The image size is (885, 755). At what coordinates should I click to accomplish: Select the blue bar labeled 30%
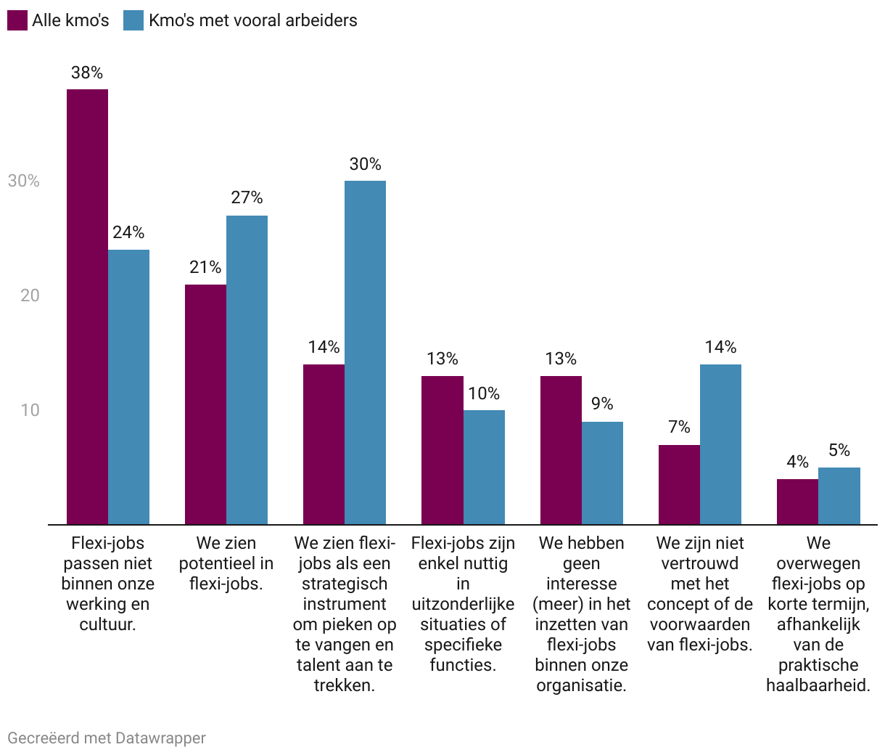tap(365, 352)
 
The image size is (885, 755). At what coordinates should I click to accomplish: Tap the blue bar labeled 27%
tap(247, 370)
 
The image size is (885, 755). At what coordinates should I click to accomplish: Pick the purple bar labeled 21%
tap(205, 404)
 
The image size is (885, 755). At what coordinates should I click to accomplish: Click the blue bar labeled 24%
tap(128, 387)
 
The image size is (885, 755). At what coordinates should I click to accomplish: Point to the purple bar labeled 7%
tap(679, 484)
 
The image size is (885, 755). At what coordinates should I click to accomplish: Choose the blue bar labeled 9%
tap(602, 473)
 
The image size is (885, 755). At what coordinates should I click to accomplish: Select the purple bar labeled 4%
tap(797, 502)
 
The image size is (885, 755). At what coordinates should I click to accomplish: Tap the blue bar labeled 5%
tap(839, 496)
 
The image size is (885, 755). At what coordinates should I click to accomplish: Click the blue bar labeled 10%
tap(484, 467)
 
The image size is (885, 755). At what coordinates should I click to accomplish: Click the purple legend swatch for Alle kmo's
tap(17, 20)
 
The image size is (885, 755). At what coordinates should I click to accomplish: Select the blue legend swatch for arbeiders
tap(133, 20)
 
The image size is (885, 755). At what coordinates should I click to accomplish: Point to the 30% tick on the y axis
tap(24, 181)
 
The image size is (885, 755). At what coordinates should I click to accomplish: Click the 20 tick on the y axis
tap(30, 295)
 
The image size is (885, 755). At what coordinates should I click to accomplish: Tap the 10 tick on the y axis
tap(30, 410)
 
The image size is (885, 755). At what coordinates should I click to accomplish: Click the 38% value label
tap(87, 73)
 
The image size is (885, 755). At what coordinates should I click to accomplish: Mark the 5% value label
tap(839, 451)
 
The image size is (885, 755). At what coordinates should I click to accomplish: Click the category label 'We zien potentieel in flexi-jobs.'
tap(226, 563)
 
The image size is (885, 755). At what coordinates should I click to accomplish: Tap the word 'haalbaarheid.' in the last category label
tap(818, 685)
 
